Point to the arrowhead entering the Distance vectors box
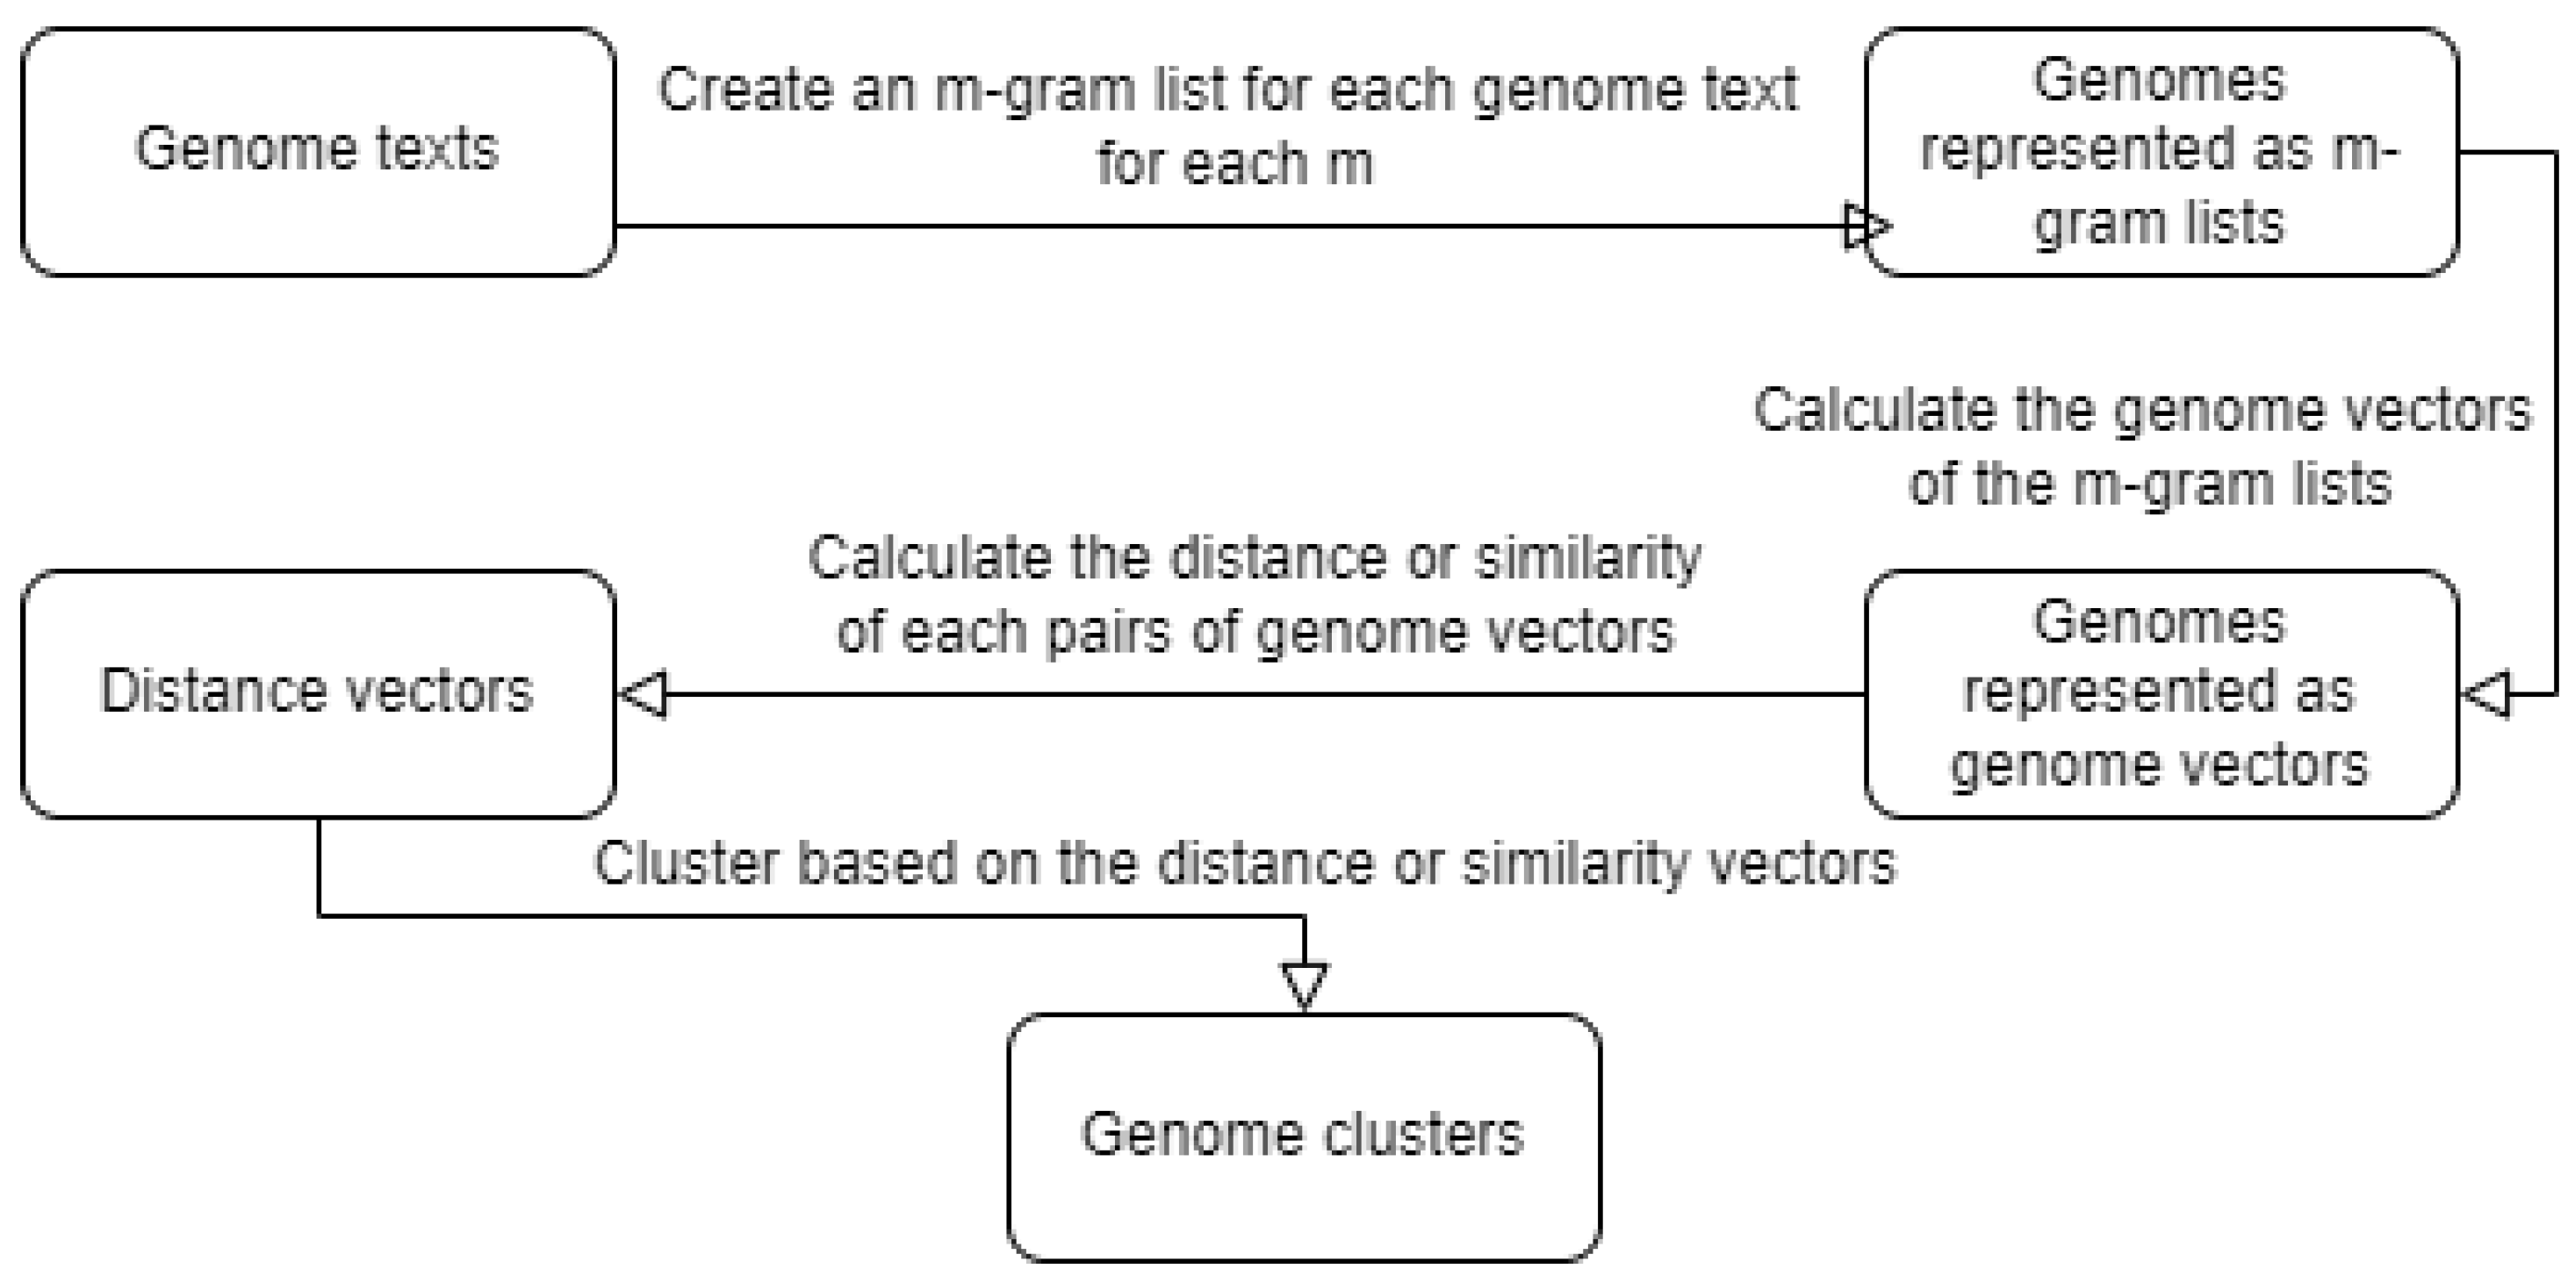(x=644, y=693)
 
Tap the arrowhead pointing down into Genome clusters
(x=1305, y=986)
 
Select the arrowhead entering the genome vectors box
(x=2487, y=693)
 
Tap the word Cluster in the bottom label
(x=686, y=864)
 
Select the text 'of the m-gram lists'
(x=2149, y=484)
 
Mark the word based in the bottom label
(x=877, y=864)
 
